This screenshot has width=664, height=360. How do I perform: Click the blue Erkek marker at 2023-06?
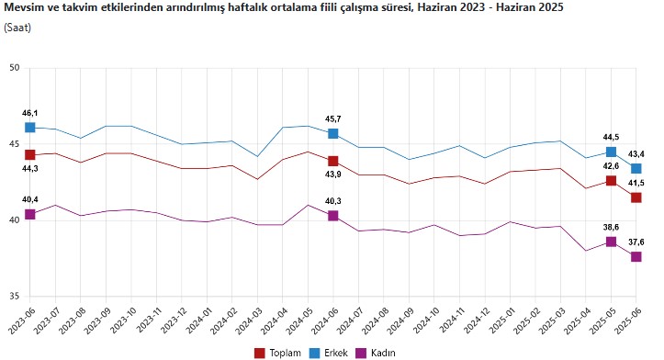click(29, 128)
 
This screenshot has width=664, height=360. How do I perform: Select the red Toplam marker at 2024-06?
click(332, 162)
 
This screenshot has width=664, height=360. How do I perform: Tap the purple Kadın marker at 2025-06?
click(636, 257)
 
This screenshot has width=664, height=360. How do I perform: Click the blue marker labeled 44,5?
click(611, 152)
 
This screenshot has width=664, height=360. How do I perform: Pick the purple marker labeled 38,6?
click(611, 242)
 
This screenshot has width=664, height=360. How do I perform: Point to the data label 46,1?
click(29, 111)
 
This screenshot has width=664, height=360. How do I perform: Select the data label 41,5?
click(636, 183)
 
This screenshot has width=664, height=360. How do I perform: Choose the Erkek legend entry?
click(329, 352)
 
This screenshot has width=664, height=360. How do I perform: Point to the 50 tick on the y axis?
click(15, 68)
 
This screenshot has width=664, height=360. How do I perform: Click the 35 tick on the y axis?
click(15, 297)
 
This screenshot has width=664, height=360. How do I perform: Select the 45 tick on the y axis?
click(15, 144)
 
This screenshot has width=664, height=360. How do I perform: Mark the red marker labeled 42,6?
click(611, 181)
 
